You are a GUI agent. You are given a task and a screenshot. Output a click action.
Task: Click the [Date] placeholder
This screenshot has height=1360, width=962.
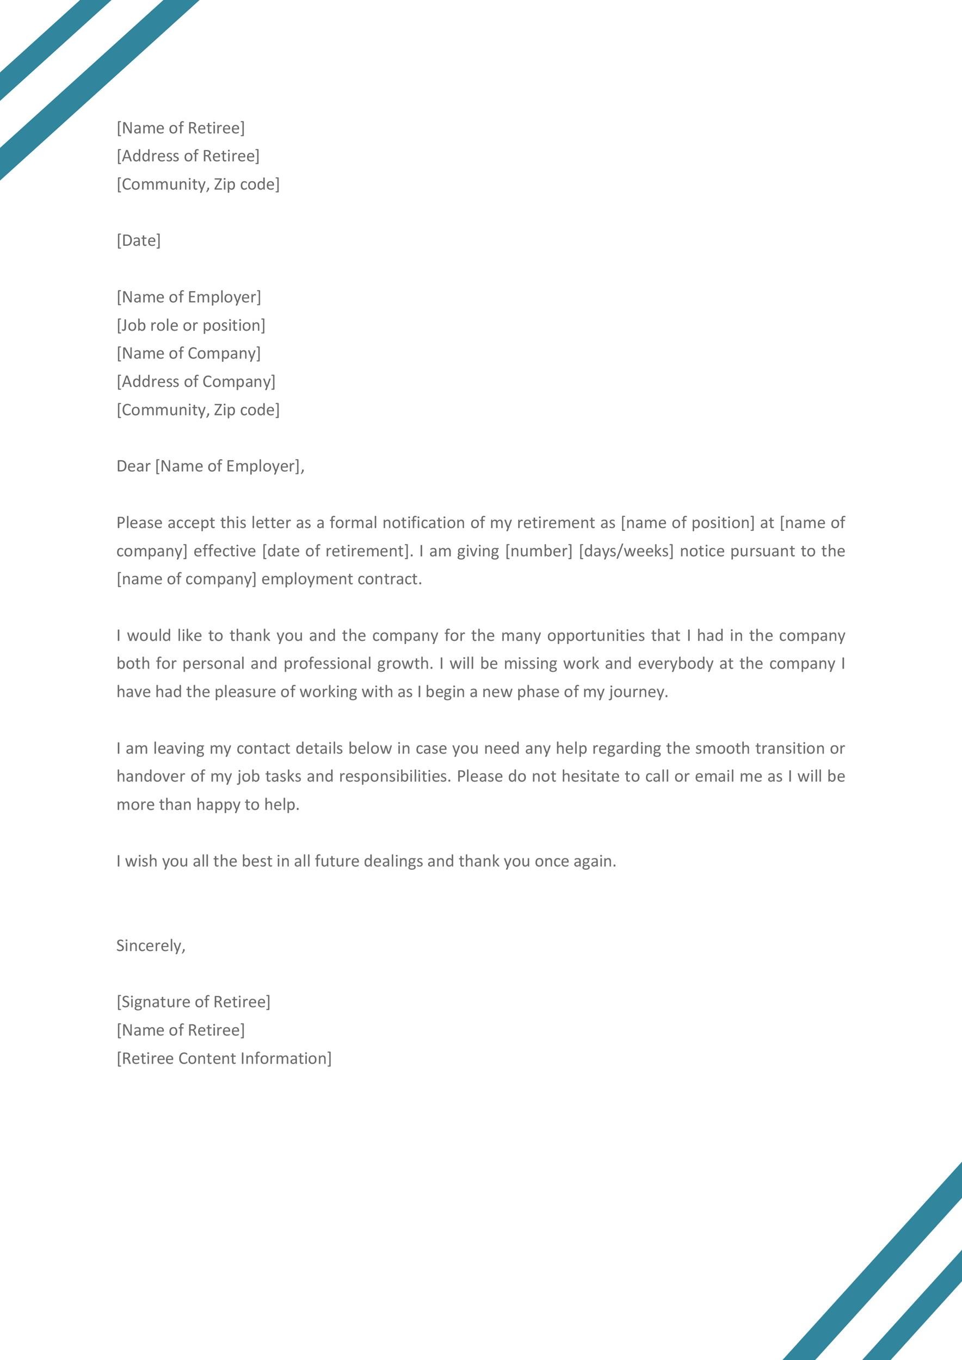(139, 240)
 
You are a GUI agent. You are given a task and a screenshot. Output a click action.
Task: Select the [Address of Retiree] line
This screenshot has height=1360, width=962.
(188, 156)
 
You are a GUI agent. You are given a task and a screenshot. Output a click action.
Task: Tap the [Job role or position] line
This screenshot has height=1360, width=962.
(191, 325)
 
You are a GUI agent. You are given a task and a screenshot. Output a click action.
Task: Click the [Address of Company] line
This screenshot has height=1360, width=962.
(196, 381)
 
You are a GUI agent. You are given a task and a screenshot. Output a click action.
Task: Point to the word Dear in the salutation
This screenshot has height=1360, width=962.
(133, 466)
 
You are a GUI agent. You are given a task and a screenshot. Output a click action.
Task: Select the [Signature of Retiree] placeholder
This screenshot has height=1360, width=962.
(193, 1002)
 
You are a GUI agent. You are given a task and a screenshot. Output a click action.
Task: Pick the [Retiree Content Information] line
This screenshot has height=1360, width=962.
(224, 1059)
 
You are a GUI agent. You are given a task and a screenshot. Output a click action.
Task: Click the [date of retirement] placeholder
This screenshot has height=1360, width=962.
(336, 551)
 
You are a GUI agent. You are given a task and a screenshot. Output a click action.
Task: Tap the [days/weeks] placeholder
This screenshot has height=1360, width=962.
(626, 551)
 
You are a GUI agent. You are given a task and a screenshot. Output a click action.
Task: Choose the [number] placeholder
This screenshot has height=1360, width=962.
(539, 551)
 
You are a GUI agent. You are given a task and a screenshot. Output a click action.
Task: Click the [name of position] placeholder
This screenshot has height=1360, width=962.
(688, 522)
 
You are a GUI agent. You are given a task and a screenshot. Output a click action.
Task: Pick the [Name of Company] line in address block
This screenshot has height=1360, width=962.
(188, 353)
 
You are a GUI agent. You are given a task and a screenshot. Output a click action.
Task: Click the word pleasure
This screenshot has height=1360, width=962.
(245, 692)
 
